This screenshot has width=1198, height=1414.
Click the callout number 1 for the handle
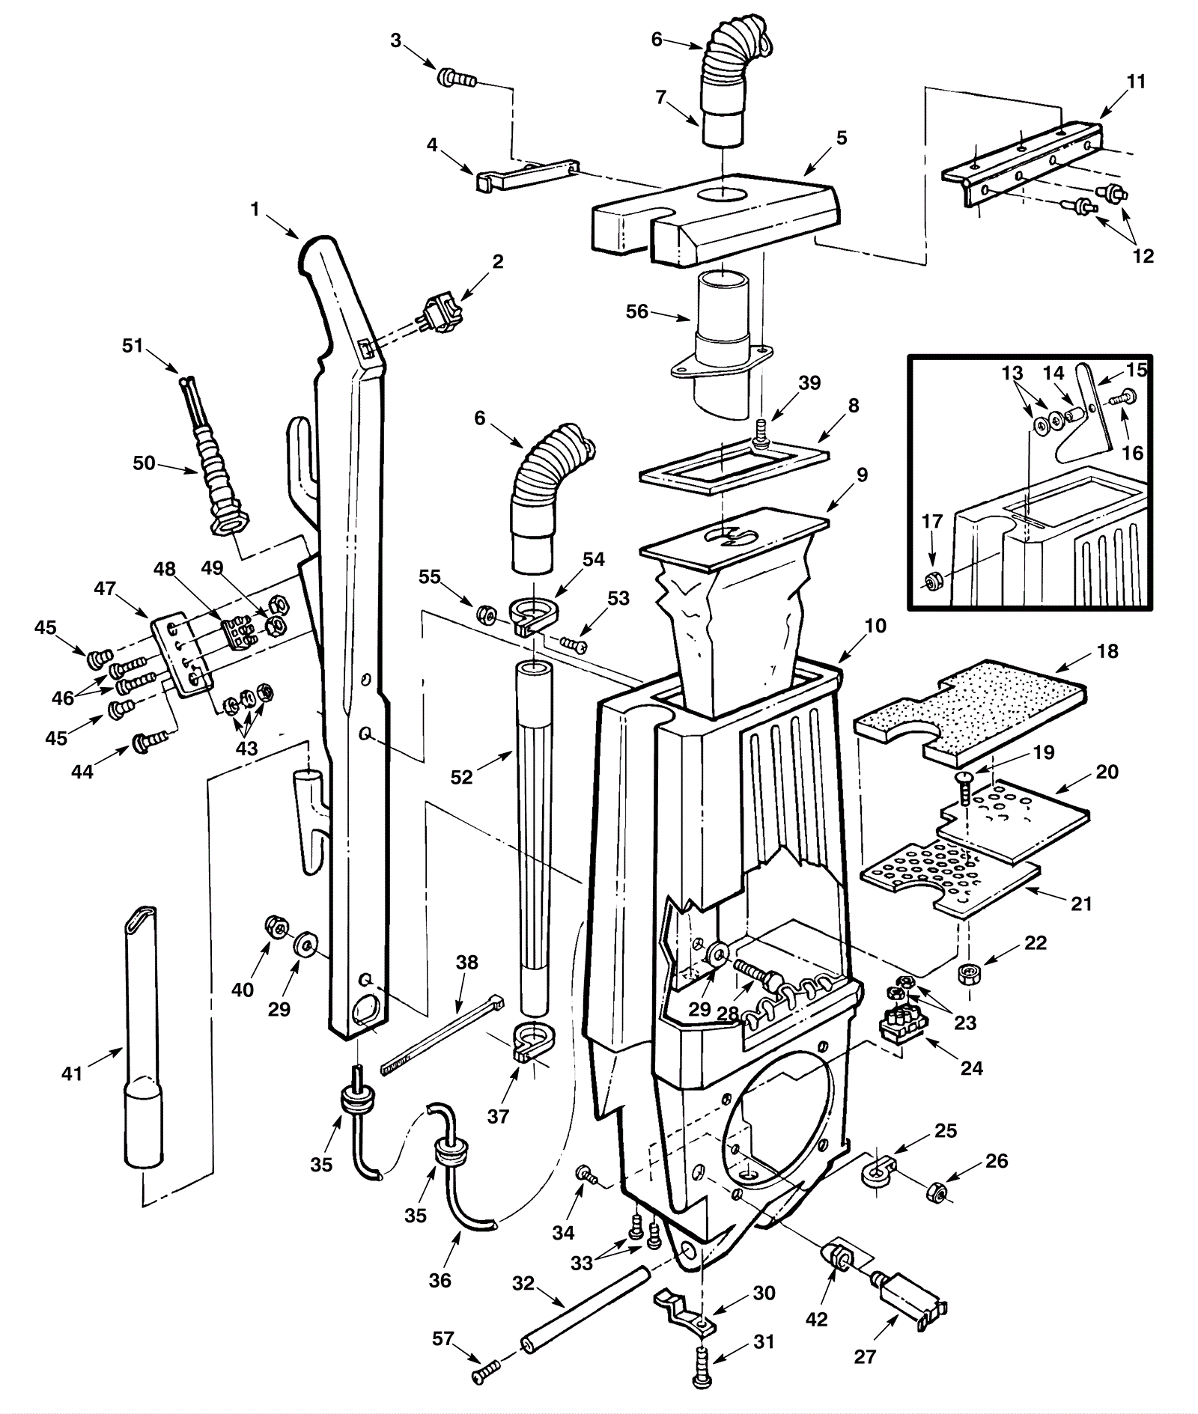coord(255,210)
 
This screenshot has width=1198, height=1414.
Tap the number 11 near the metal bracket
coord(1136,81)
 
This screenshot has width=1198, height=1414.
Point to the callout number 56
coord(637,311)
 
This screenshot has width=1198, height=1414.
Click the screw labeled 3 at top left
coord(456,77)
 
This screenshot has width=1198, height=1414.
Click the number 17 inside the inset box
coord(931,521)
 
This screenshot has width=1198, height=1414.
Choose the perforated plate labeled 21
coord(949,879)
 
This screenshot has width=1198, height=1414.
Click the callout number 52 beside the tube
coord(462,777)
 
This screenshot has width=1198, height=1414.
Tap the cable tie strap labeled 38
coord(443,1034)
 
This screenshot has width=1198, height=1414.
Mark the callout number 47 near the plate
coord(105,588)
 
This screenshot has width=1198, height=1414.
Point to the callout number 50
coord(144,463)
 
